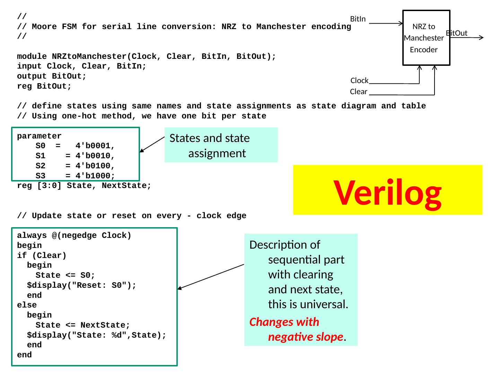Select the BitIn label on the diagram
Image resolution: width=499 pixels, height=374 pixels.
point(358,19)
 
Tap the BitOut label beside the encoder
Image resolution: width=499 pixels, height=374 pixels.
point(457,33)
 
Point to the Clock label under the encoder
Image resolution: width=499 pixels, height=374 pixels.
point(359,81)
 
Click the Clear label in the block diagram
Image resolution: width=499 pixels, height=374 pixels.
point(358,92)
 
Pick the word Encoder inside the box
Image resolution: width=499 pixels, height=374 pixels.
point(423,50)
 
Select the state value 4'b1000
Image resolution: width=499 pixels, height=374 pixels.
point(95,176)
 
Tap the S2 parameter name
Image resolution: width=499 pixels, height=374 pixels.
point(41,166)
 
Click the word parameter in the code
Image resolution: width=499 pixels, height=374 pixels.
point(39,136)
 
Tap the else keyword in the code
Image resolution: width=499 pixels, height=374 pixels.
point(27,305)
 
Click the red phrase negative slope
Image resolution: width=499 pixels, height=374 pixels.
point(306,337)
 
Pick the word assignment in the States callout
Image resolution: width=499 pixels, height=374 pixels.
point(217,153)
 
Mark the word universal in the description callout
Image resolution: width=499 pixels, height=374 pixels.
point(325,304)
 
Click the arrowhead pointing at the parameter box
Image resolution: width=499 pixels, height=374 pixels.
point(141,151)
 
